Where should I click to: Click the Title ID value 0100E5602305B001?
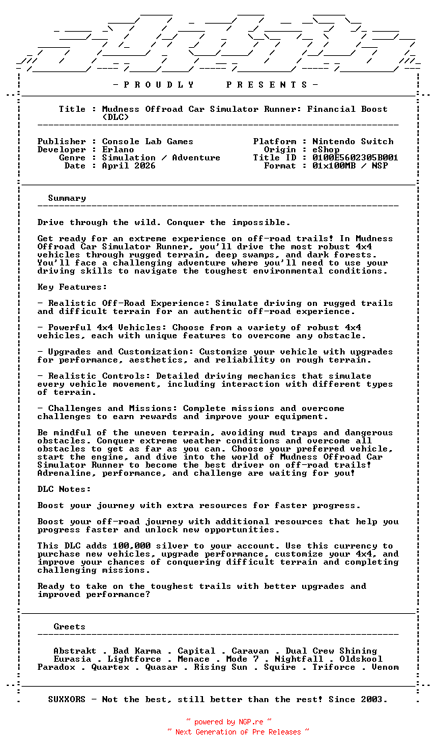[355, 158]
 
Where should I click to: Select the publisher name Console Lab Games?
[148, 142]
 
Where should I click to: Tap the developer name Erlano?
[118, 150]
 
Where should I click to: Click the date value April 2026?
[129, 166]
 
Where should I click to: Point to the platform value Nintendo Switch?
[353, 142]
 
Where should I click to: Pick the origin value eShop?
[326, 150]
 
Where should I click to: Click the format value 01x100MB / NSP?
[350, 166]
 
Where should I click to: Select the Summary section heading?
[67, 198]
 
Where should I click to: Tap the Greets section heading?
[69, 627]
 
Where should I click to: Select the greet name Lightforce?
[134, 659]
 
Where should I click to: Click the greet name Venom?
[385, 667]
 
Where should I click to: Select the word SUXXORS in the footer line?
[67, 699]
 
